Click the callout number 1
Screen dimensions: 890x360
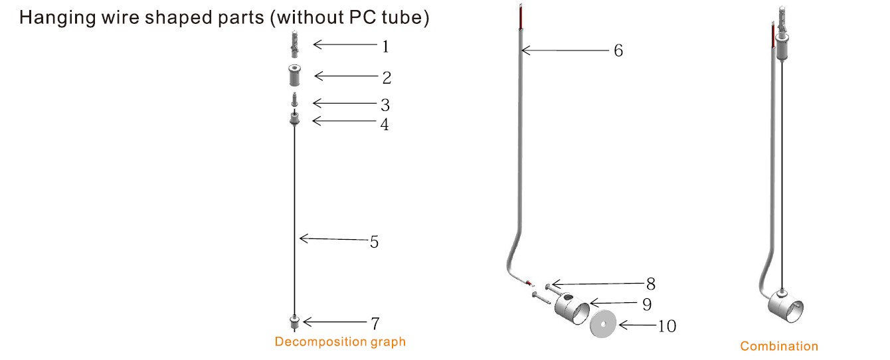point(385,46)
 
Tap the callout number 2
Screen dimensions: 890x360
point(387,78)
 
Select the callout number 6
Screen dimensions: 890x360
point(618,50)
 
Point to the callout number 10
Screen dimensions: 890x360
point(667,326)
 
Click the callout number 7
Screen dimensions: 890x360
point(375,323)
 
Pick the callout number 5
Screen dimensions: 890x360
point(374,242)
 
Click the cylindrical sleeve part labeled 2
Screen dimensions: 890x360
point(294,76)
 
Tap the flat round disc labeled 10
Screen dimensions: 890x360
point(603,324)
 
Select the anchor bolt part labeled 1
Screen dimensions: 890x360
point(294,44)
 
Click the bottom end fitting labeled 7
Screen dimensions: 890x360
point(294,322)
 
